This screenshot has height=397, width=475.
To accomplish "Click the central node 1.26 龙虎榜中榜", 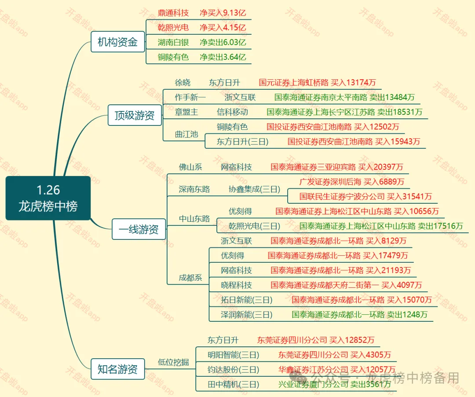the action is click(x=48, y=198).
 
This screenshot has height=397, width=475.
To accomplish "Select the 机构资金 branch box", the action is click(x=117, y=42).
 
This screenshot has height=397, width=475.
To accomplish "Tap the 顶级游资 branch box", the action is click(x=135, y=115).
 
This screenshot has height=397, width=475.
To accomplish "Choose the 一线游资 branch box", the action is click(x=139, y=229).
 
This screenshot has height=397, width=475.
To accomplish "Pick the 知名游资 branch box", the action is click(x=117, y=369).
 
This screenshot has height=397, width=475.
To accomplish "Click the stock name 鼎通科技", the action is click(x=173, y=13).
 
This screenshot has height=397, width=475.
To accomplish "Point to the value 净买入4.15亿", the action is click(x=223, y=28).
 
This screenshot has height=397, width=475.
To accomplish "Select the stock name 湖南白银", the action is click(x=173, y=42).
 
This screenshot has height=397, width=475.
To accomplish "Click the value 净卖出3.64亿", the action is click(x=223, y=57).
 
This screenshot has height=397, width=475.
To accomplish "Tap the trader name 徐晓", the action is click(x=183, y=82).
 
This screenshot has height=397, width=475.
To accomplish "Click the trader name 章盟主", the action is click(x=186, y=112).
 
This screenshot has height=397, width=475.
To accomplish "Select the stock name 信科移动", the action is click(x=232, y=112).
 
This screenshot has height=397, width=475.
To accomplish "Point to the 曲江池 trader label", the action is click(x=186, y=134).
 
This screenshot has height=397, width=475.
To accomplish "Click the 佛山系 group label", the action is click(x=190, y=167).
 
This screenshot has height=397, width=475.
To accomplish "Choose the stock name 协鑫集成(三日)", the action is click(x=254, y=189).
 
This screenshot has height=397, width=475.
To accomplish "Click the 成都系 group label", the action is click(x=190, y=278).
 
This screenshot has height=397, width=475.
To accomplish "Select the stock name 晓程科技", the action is click(x=236, y=285).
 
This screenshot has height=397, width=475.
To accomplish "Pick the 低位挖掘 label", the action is click(x=173, y=362).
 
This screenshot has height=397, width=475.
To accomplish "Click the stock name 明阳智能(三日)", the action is click(x=233, y=355).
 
